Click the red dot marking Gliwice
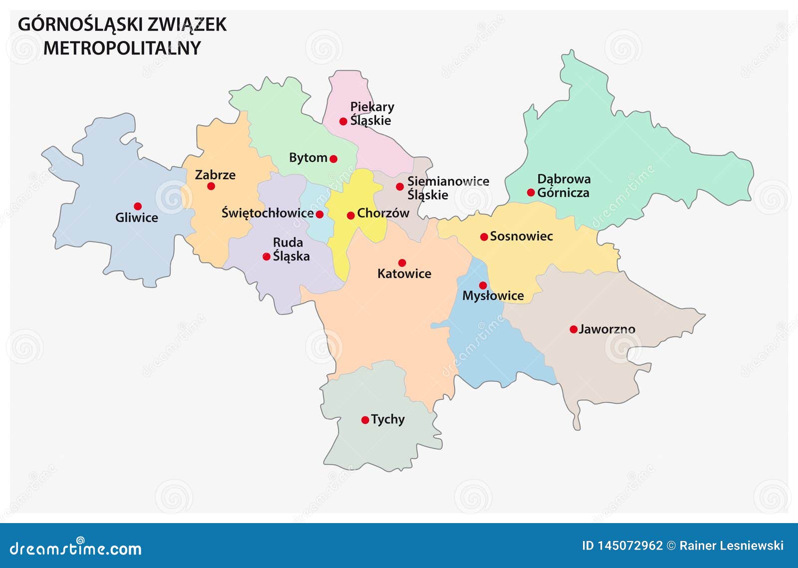pyautogui.click(x=138, y=206)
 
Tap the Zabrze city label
pyautogui.click(x=215, y=175)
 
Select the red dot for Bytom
pyautogui.click(x=334, y=159)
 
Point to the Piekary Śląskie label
pyautogui.click(x=372, y=113)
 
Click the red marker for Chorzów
pyautogui.click(x=351, y=216)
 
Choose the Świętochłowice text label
pyautogui.click(x=267, y=213)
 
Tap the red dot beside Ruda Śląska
pyautogui.click(x=266, y=257)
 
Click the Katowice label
pyautogui.click(x=404, y=274)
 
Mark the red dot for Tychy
pyautogui.click(x=365, y=420)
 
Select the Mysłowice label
pyautogui.click(x=493, y=295)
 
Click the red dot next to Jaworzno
pyautogui.click(x=574, y=329)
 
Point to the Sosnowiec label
pyautogui.click(x=521, y=236)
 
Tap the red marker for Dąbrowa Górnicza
pyautogui.click(x=531, y=193)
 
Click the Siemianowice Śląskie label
pyautogui.click(x=448, y=188)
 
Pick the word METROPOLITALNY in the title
pyautogui.click(x=122, y=48)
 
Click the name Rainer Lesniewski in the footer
pyautogui.click(x=731, y=546)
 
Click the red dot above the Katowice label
pyautogui.click(x=402, y=263)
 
